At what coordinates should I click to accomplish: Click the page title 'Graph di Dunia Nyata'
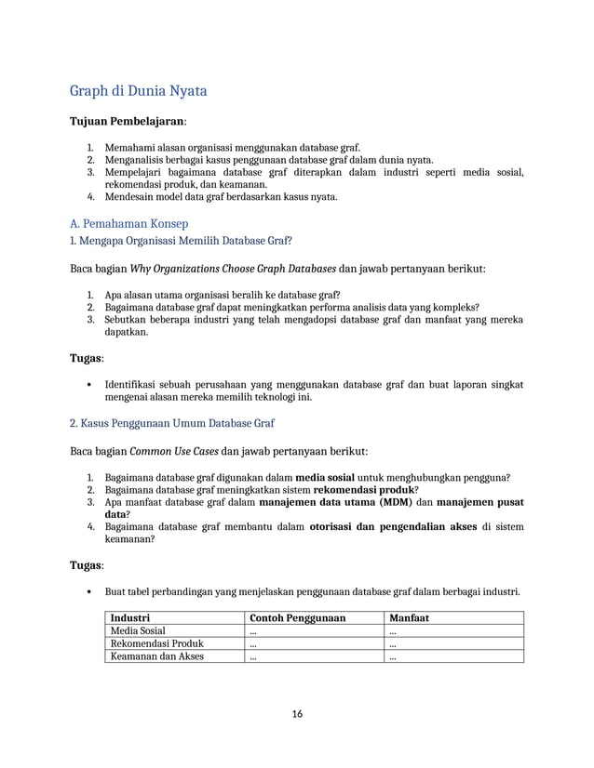[139, 91]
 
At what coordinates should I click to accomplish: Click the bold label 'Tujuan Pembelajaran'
[128, 122]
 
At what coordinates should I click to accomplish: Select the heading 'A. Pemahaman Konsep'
[129, 223]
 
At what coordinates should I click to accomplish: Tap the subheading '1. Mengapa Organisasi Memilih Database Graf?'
[182, 241]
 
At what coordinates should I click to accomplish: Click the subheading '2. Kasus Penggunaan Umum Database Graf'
[172, 423]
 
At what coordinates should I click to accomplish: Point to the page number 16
[297, 714]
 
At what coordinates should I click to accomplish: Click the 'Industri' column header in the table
[130, 617]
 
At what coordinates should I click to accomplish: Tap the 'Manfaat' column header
[409, 617]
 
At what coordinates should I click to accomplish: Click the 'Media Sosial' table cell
[139, 630]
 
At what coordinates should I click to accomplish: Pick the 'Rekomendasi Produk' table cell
[156, 643]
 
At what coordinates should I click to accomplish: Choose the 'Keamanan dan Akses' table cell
[156, 656]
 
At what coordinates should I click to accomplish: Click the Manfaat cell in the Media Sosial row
[394, 630]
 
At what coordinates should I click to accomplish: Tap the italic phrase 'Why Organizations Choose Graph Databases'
[233, 270]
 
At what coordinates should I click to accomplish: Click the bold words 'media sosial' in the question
[324, 478]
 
